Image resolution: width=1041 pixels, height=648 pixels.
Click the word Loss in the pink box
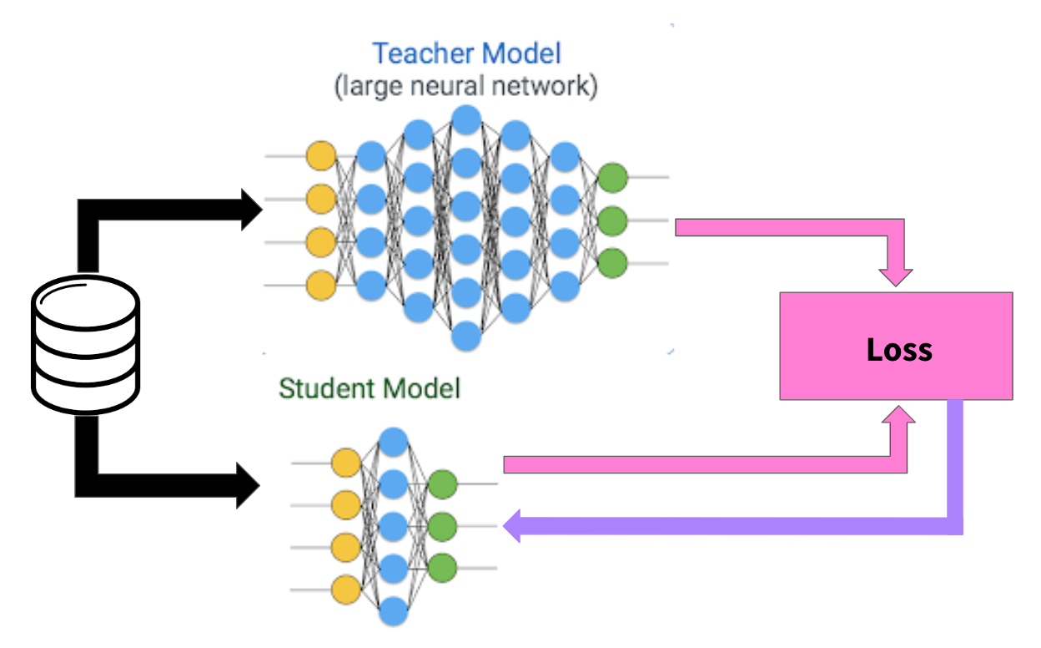pos(898,348)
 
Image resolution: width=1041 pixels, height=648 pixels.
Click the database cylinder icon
pos(85,345)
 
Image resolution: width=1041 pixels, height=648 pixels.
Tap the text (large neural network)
pos(466,87)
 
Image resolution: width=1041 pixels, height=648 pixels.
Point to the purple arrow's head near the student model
pos(512,526)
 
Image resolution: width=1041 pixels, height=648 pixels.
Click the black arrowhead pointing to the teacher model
pos(251,210)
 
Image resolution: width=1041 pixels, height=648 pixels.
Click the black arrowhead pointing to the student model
pos(249,484)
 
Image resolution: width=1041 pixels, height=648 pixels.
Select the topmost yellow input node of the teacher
pos(321,156)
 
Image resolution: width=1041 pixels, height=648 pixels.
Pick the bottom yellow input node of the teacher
pos(321,286)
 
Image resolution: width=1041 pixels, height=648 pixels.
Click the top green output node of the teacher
pos(612,177)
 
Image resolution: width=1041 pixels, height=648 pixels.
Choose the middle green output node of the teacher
pos(612,220)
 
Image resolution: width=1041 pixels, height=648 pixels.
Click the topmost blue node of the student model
pos(393,441)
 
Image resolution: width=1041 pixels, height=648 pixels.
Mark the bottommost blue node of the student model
pos(393,613)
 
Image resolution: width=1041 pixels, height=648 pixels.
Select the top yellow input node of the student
pos(346,463)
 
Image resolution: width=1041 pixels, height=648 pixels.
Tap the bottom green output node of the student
pos(442,568)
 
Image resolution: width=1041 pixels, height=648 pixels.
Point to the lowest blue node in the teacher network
pos(467,337)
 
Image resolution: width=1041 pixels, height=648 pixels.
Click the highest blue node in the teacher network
pos(467,118)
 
